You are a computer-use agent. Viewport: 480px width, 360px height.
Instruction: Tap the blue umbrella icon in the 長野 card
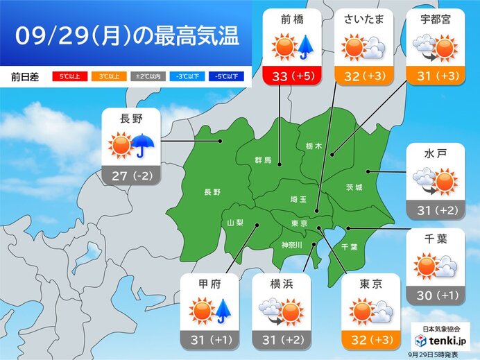(x=143, y=146)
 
